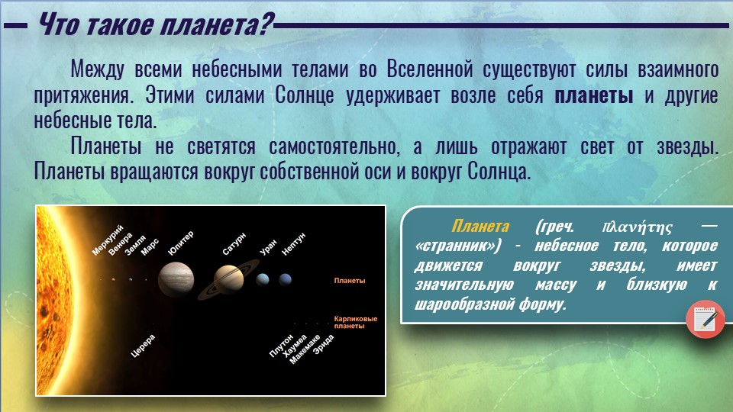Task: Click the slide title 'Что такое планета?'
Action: tap(156, 24)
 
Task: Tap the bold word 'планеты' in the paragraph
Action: tap(594, 95)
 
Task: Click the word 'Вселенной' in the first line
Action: tap(430, 69)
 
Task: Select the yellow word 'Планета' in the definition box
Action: tap(480, 227)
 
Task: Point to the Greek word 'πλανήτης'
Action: tap(638, 227)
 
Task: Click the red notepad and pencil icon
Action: tap(706, 320)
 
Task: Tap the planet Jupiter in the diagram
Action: tap(176, 279)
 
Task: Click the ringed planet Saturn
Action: tap(228, 279)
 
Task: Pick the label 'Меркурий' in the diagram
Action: tap(108, 240)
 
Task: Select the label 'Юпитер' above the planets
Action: tap(180, 243)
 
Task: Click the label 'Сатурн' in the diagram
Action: tap(234, 243)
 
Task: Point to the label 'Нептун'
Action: tap(293, 243)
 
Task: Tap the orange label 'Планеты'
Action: tap(349, 281)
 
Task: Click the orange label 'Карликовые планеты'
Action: tap(355, 322)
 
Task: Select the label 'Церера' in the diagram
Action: tap(143, 346)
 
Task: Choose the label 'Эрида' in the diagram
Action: tap(324, 344)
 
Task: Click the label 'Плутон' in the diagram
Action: tap(282, 345)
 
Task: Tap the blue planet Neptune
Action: tap(285, 279)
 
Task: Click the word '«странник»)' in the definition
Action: tap(457, 246)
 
